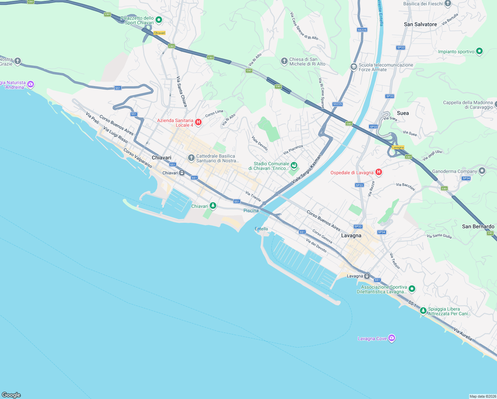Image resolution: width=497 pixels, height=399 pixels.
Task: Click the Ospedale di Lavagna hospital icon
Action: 378,172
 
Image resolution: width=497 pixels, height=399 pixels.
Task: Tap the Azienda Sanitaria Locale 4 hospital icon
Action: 198,122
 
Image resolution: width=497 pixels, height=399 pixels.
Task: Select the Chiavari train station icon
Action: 182,173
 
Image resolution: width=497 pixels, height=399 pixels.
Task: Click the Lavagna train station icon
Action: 367,276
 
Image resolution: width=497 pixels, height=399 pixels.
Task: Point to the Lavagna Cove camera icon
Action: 392,338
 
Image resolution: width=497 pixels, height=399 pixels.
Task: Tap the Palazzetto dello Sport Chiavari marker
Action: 159,20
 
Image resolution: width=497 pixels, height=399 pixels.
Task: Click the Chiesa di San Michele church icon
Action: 284,61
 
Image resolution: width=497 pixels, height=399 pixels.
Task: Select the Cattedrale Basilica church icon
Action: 191,158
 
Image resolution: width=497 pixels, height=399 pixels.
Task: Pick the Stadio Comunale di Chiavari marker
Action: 294,166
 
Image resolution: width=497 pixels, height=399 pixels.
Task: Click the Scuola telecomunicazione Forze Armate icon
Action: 353,67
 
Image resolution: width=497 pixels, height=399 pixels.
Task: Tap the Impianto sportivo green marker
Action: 479,51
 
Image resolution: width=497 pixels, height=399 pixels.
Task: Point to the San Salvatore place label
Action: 420,24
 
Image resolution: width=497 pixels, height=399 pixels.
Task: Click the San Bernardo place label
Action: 478,226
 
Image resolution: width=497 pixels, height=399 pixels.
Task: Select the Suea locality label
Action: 403,113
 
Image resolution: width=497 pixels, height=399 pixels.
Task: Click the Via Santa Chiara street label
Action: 181,91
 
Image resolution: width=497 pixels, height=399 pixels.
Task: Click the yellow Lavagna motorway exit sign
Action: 398,147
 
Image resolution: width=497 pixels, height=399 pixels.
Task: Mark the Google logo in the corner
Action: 11,395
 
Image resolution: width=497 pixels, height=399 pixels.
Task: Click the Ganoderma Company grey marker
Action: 482,171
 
